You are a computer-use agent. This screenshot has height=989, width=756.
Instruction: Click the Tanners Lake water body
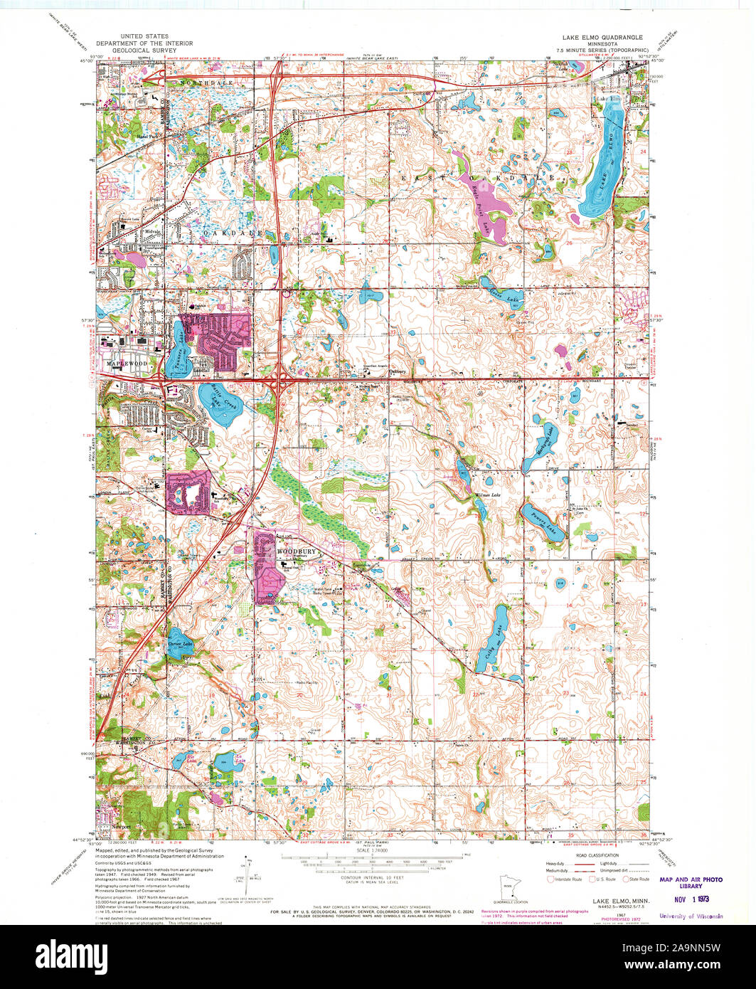(178, 345)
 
